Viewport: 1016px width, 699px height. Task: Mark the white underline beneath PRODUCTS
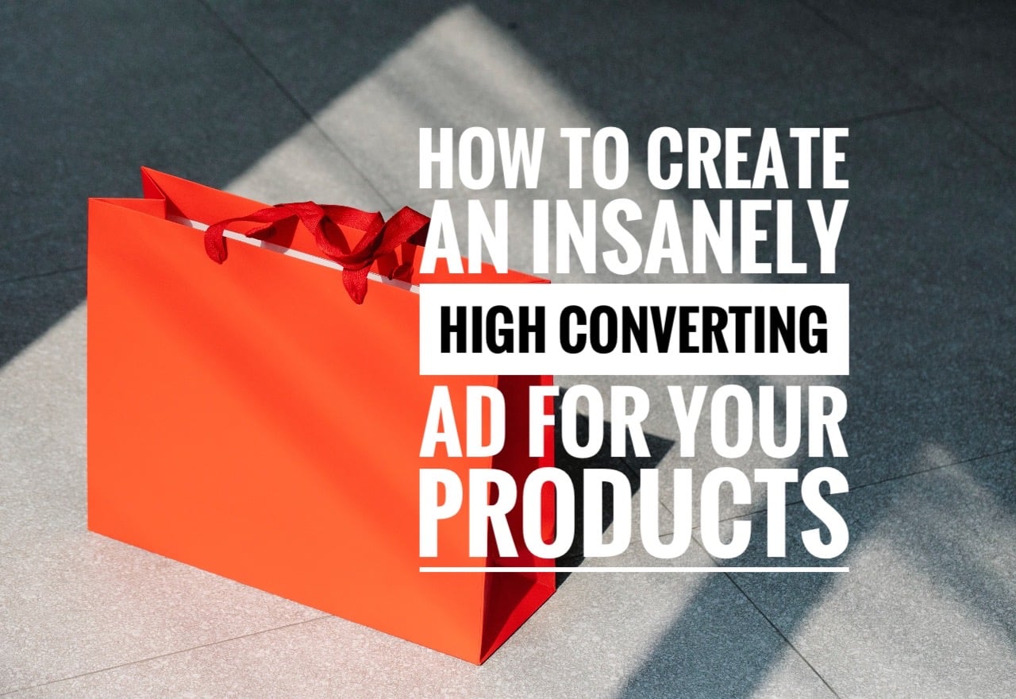tap(634, 569)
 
